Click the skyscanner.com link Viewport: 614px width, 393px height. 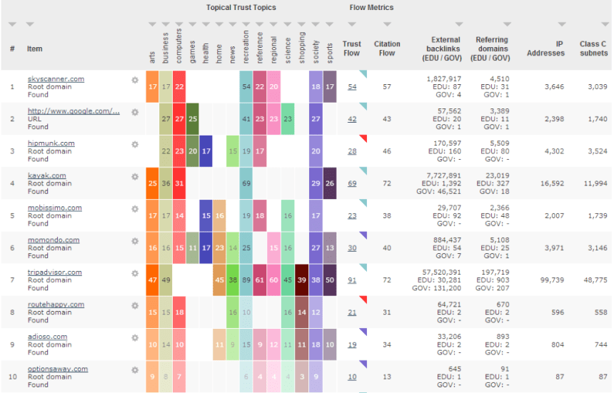pos(55,78)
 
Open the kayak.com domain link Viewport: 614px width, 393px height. pos(46,175)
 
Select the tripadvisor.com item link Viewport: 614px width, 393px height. pos(54,272)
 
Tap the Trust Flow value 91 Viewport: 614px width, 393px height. pos(352,280)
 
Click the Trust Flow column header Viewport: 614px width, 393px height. pos(352,49)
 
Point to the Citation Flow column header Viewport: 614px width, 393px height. pos(387,49)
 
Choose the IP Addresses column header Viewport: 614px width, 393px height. pos(545,49)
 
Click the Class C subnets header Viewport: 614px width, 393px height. pos(594,49)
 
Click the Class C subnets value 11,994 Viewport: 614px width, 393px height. pos(594,183)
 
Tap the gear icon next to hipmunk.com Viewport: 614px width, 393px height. pos(135,144)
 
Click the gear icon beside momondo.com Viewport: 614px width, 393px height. pos(135,241)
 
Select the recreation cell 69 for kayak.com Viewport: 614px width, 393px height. pos(246,183)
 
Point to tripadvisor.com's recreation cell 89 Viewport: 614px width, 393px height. pos(246,280)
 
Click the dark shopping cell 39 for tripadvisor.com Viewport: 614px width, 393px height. pos(301,280)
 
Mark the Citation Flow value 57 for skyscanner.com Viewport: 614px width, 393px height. pos(387,86)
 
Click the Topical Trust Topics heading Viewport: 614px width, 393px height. pos(241,8)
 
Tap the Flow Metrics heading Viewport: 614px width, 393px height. pos(371,8)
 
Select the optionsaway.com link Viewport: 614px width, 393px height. pos(57,369)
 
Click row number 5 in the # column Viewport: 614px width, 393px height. pos(11,216)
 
